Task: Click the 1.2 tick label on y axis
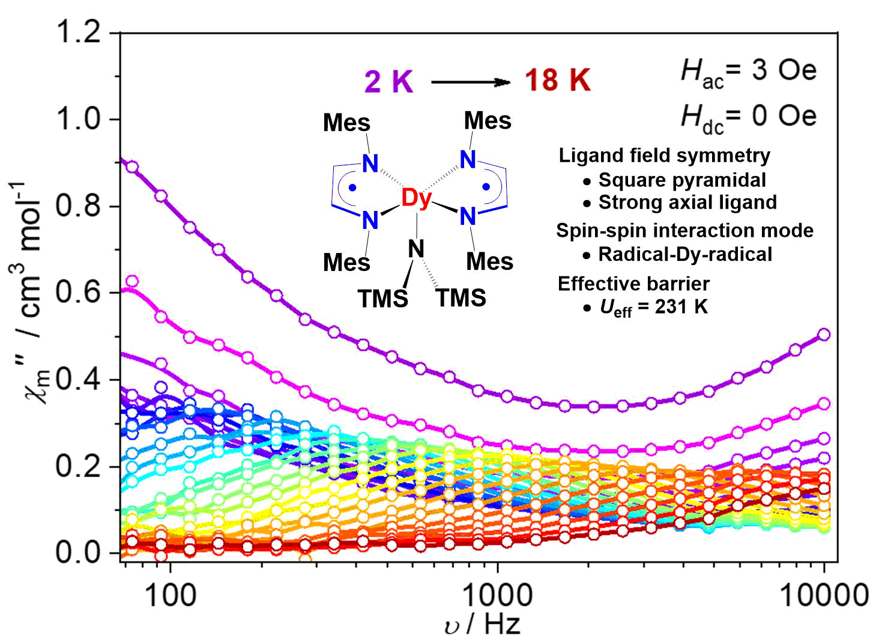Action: [79, 32]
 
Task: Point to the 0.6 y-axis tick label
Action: [79, 293]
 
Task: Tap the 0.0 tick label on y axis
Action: [79, 552]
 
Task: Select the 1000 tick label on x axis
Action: [497, 595]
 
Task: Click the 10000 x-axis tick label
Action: [823, 595]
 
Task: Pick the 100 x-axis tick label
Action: [171, 595]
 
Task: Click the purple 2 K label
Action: [388, 81]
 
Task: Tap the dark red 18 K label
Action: [558, 81]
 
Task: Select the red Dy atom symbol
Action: [416, 198]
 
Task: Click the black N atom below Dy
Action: [416, 249]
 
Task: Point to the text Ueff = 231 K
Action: [653, 308]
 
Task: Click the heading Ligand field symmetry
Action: [664, 156]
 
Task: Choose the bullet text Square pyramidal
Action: [681, 180]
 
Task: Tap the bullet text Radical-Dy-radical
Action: [684, 254]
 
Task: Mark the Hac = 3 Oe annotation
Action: [748, 73]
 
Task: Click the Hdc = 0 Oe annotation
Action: [748, 117]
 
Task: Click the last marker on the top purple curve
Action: [824, 334]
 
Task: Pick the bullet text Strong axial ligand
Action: [687, 203]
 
